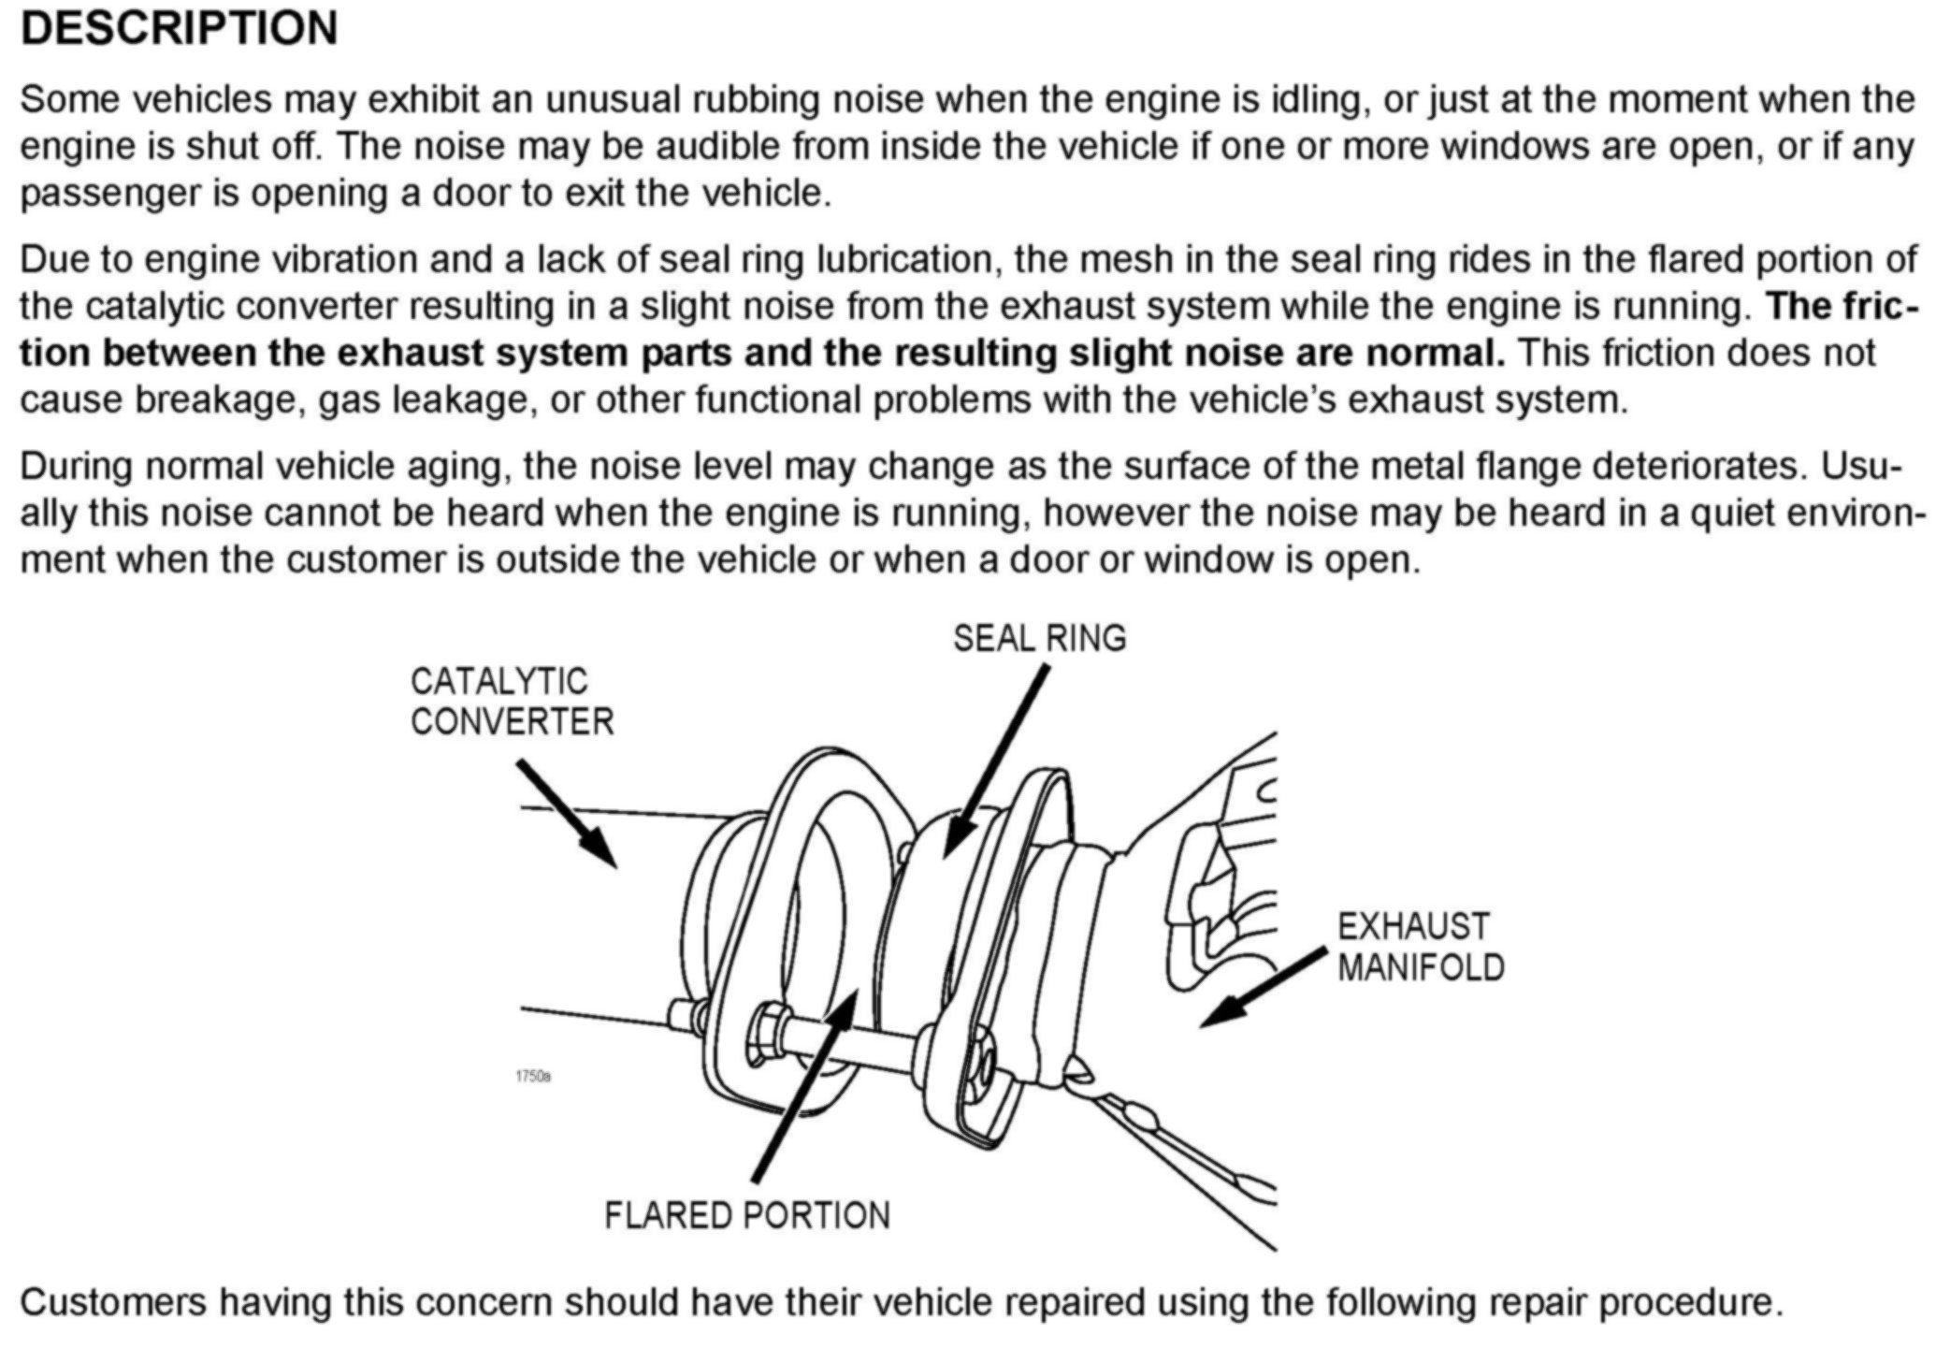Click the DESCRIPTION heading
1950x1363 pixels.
pos(179,28)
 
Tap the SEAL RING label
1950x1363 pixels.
pos(1039,638)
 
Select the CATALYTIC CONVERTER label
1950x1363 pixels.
pos(511,702)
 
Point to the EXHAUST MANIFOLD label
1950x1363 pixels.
pos(1420,947)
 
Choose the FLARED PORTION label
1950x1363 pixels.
pos(746,1215)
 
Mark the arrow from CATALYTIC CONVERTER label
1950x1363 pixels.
pos(567,813)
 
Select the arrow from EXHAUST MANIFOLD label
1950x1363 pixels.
pos(1263,988)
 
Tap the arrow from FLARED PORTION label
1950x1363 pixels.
pos(804,1085)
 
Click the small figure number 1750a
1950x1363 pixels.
pos(532,1076)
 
